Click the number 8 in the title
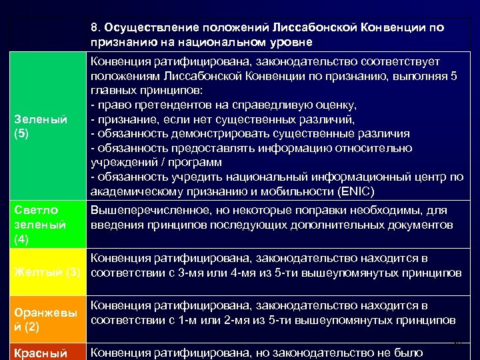(x=95, y=28)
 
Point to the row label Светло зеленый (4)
(x=40, y=225)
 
